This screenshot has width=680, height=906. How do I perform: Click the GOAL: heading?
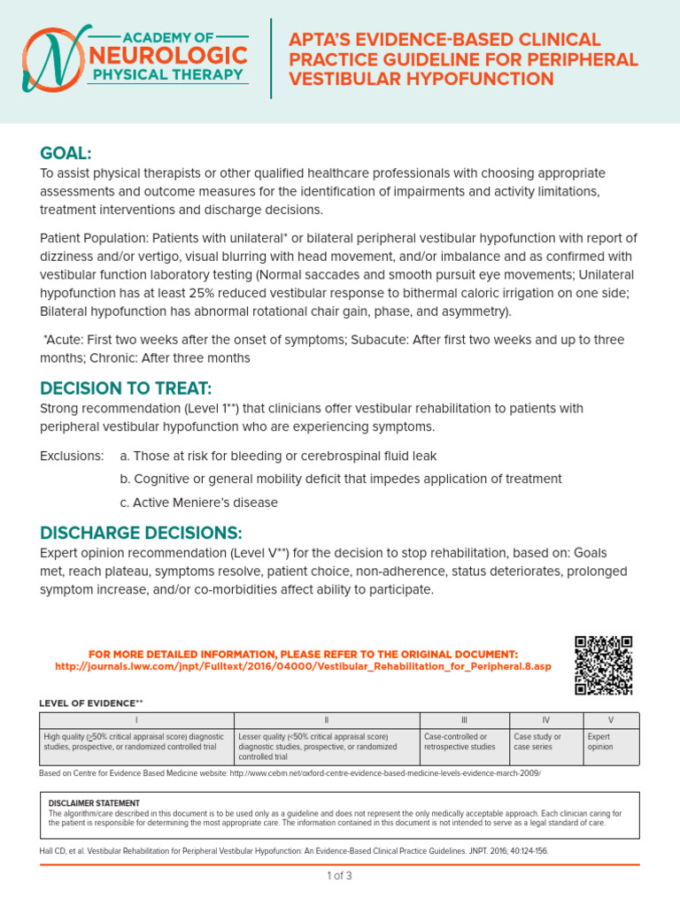(66, 153)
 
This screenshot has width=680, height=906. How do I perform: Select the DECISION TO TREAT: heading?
(126, 389)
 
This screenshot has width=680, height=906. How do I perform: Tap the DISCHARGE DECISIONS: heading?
(140, 533)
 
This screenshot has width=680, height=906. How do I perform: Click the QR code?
(603, 665)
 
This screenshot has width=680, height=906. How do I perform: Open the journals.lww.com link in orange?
(302, 665)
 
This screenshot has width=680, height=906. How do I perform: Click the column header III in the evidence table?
(464, 720)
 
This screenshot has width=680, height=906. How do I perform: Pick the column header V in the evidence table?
(611, 720)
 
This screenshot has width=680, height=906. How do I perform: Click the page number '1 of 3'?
(340, 876)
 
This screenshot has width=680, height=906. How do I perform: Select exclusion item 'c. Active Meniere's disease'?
(198, 503)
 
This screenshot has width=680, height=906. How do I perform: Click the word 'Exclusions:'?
(72, 456)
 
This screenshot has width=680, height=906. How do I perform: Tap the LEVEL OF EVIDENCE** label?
(90, 703)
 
